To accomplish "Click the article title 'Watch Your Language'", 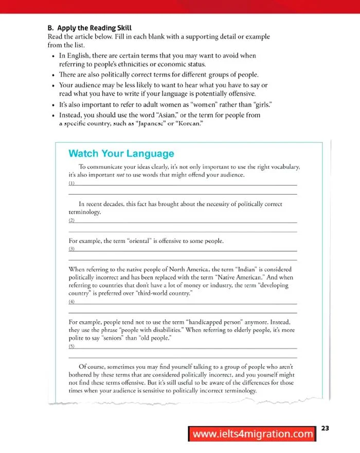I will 121,153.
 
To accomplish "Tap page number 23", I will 325,428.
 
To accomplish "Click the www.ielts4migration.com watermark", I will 253,434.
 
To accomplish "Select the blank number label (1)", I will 71,183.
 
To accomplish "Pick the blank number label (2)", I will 71,220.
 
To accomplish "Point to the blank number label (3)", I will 71,249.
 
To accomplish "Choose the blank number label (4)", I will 71,302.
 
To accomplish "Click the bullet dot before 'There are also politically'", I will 53,75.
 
